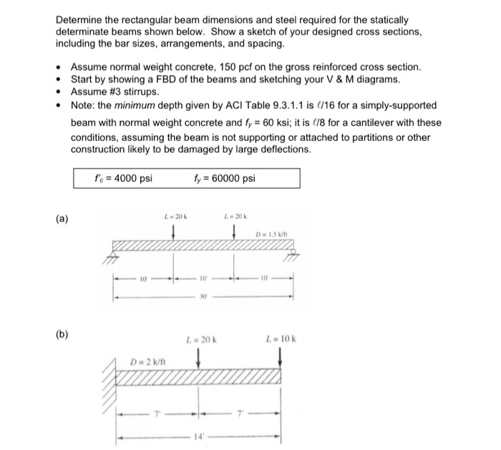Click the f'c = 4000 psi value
[x=123, y=179]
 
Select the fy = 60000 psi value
[x=224, y=179]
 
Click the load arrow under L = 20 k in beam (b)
[x=199, y=357]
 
